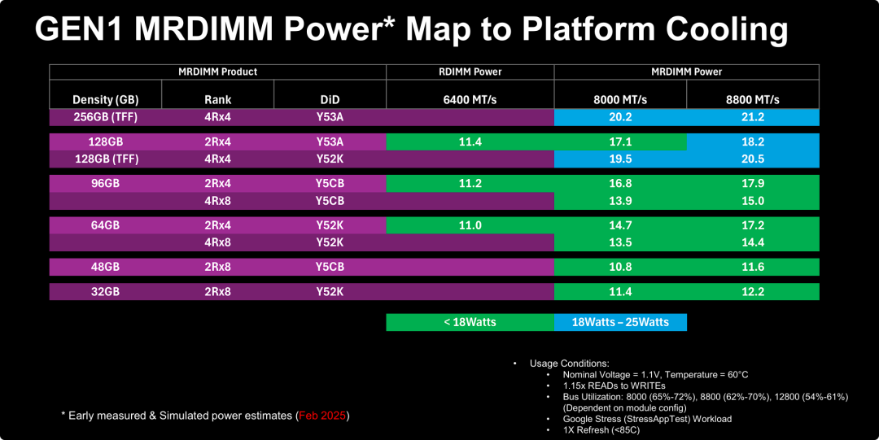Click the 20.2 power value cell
pyautogui.click(x=620, y=117)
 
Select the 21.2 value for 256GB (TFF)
pyautogui.click(x=752, y=117)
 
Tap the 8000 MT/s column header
pyautogui.click(x=620, y=100)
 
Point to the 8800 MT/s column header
pyautogui.click(x=752, y=100)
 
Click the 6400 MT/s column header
pyautogui.click(x=470, y=100)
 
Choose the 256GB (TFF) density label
pyautogui.click(x=105, y=117)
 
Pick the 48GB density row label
pyautogui.click(x=105, y=267)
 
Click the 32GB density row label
pyautogui.click(x=105, y=291)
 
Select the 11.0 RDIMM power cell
pyautogui.click(x=470, y=225)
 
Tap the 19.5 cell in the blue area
pyautogui.click(x=620, y=159)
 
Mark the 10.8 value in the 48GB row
pyautogui.click(x=620, y=267)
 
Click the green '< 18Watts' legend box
pyautogui.click(x=470, y=322)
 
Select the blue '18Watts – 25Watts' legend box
pyautogui.click(x=620, y=322)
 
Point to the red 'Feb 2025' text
pyautogui.click(x=322, y=416)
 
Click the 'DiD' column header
pyautogui.click(x=330, y=100)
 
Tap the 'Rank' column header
pyautogui.click(x=217, y=100)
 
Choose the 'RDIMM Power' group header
pyautogui.click(x=470, y=72)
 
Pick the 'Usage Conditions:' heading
pyautogui.click(x=569, y=364)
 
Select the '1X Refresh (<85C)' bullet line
pyautogui.click(x=601, y=430)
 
